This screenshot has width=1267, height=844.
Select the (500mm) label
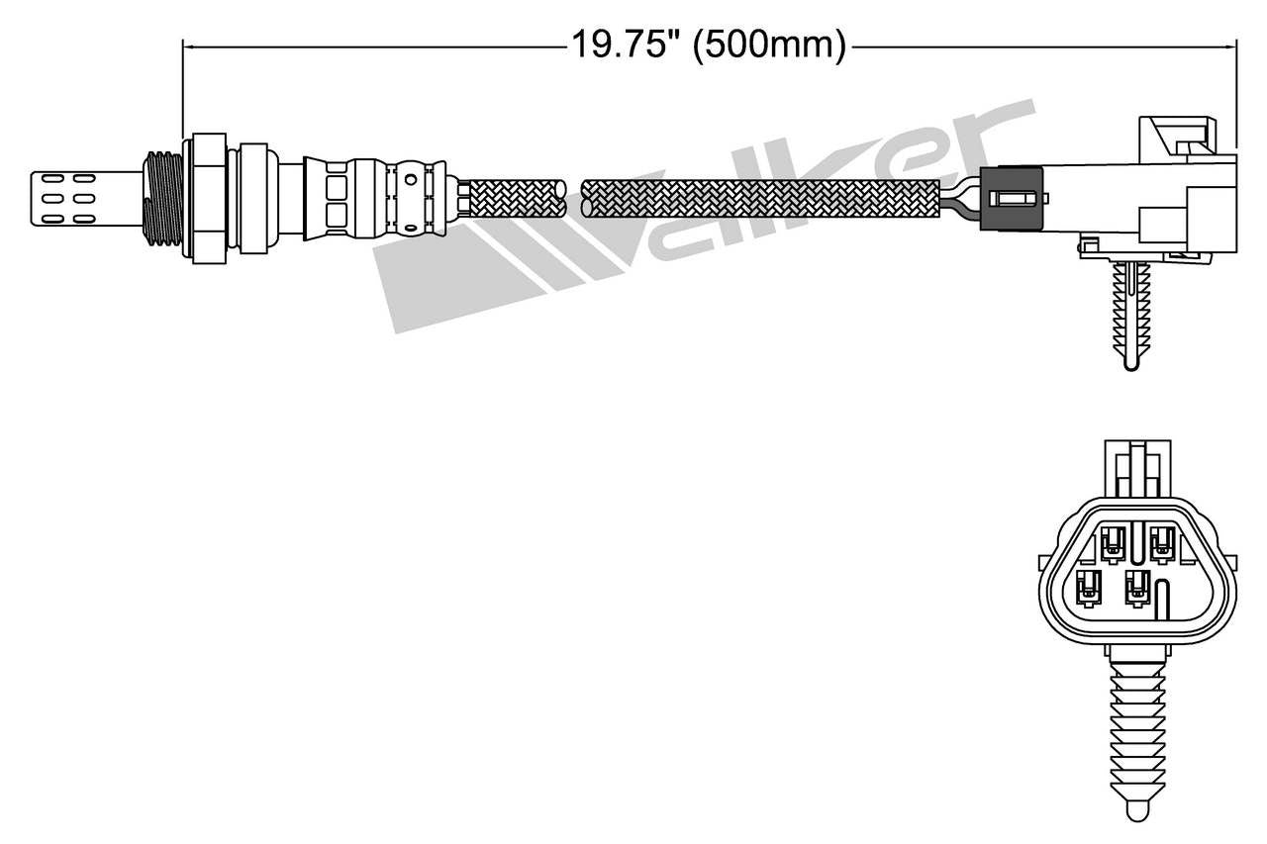point(768,45)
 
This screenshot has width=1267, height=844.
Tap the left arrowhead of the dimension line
point(188,45)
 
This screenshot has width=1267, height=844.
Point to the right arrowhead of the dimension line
point(1232,45)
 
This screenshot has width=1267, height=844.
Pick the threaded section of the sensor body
point(164,198)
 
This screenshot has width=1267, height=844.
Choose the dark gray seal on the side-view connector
point(1012,198)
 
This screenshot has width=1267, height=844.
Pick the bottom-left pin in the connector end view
point(1089,588)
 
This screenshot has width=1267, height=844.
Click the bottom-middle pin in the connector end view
point(1137,588)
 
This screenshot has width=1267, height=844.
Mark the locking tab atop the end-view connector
point(1137,471)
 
